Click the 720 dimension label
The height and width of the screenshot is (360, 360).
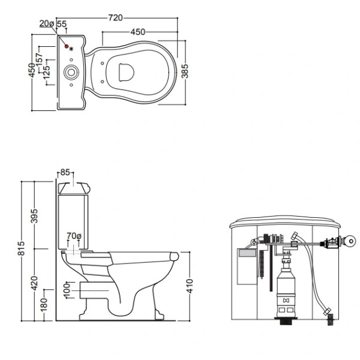pyautogui.click(x=115, y=17)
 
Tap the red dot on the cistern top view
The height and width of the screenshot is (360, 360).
pyautogui.click(x=67, y=46)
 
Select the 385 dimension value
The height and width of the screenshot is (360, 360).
pyautogui.click(x=185, y=71)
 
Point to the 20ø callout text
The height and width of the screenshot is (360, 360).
pyautogui.click(x=47, y=23)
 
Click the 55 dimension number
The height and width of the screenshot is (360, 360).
pyautogui.click(x=62, y=24)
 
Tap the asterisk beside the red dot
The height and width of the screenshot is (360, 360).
pyautogui.click(x=71, y=49)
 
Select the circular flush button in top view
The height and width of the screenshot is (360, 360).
pyautogui.click(x=71, y=73)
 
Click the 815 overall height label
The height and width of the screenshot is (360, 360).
pyautogui.click(x=21, y=248)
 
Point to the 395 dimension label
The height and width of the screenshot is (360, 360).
pyautogui.click(x=34, y=216)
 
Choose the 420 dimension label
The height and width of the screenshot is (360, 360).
pyautogui.click(x=34, y=283)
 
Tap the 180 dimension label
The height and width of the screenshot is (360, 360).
pyautogui.click(x=44, y=305)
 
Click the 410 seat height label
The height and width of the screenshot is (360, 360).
pyautogui.click(x=190, y=286)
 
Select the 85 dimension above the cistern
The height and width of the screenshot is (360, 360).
pyautogui.click(x=65, y=172)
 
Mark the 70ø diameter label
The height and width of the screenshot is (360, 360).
pyautogui.click(x=74, y=236)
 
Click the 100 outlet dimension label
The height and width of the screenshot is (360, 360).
pyautogui.click(x=67, y=290)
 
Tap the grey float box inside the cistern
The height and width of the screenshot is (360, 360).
pyautogui.click(x=247, y=253)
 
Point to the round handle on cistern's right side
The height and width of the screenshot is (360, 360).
pyautogui.click(x=351, y=241)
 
